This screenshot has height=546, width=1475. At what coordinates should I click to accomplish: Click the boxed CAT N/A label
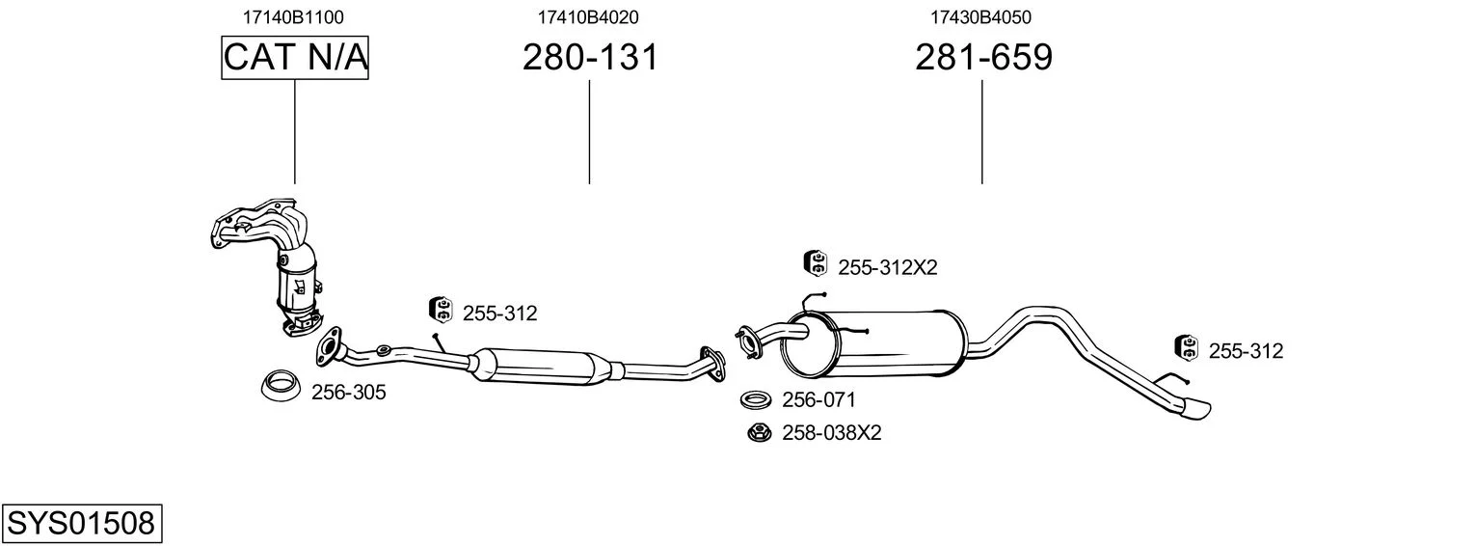(x=294, y=57)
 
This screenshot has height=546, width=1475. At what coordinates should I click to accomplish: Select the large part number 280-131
(x=590, y=57)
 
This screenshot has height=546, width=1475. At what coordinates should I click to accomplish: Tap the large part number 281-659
(x=983, y=57)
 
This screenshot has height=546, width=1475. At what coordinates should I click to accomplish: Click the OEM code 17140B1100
(x=293, y=17)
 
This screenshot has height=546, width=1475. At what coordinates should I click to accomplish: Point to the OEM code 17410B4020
(x=588, y=17)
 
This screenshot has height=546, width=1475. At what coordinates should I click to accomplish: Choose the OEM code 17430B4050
(x=980, y=17)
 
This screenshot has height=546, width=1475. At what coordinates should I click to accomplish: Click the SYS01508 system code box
(x=82, y=524)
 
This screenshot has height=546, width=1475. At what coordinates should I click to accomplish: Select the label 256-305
(x=348, y=393)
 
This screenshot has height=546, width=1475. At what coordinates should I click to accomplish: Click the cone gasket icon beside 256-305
(x=280, y=385)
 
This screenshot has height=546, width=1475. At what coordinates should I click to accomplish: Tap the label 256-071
(x=818, y=399)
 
